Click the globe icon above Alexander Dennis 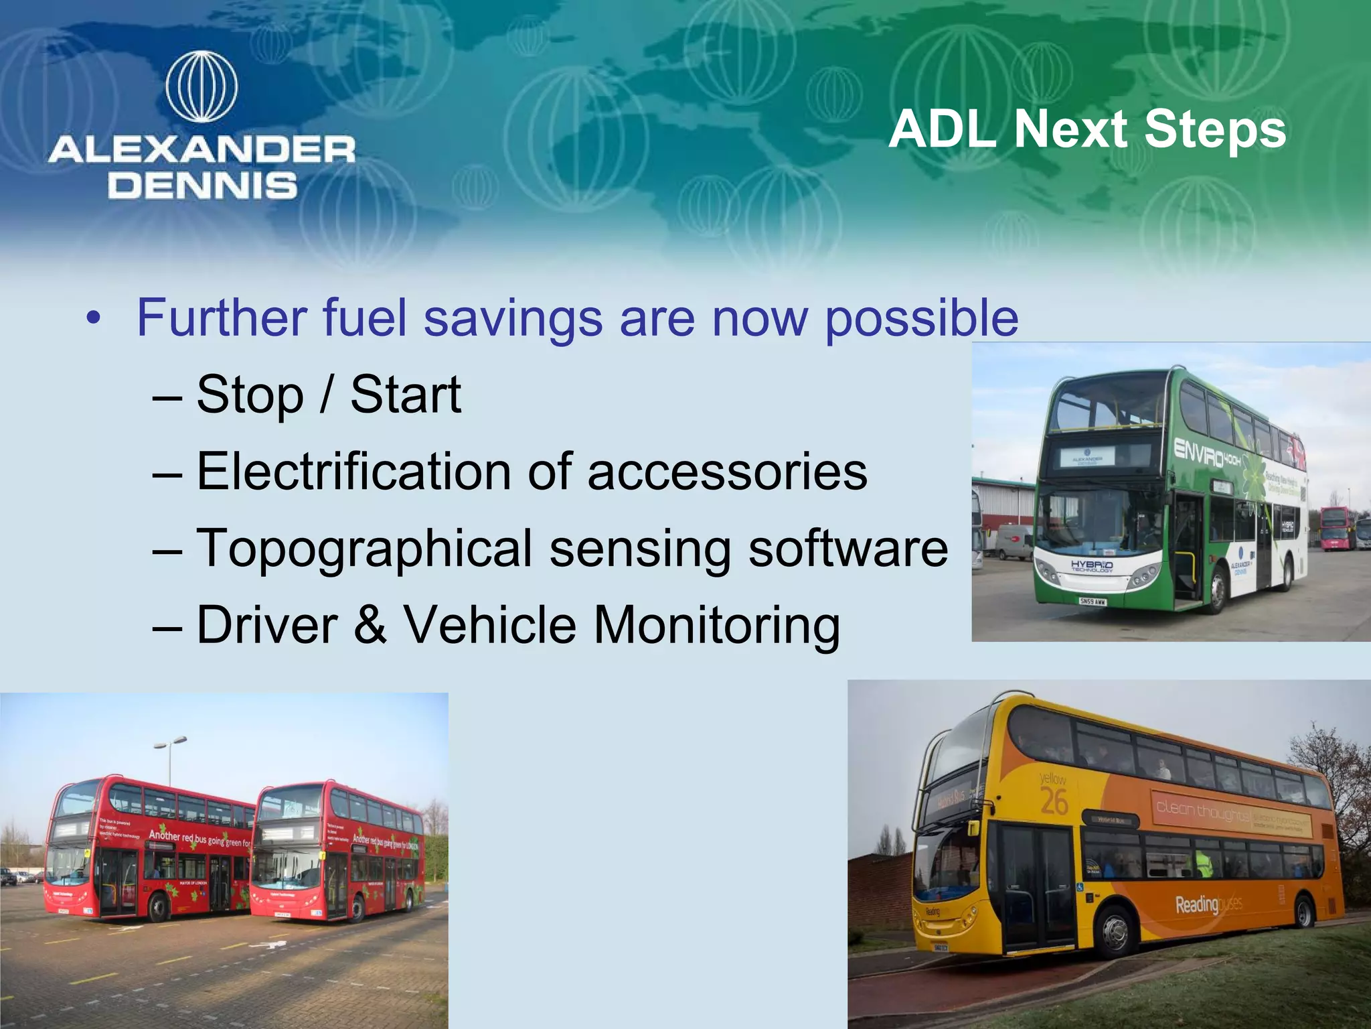(x=201, y=86)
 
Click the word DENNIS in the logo (x=202, y=186)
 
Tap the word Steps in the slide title (x=1215, y=129)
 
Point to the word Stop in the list (x=250, y=395)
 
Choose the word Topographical (x=364, y=549)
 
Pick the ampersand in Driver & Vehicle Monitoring (x=370, y=624)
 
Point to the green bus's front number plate (x=1092, y=602)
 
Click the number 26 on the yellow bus (x=1054, y=802)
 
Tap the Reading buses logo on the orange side (x=1208, y=905)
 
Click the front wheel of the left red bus (x=159, y=908)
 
